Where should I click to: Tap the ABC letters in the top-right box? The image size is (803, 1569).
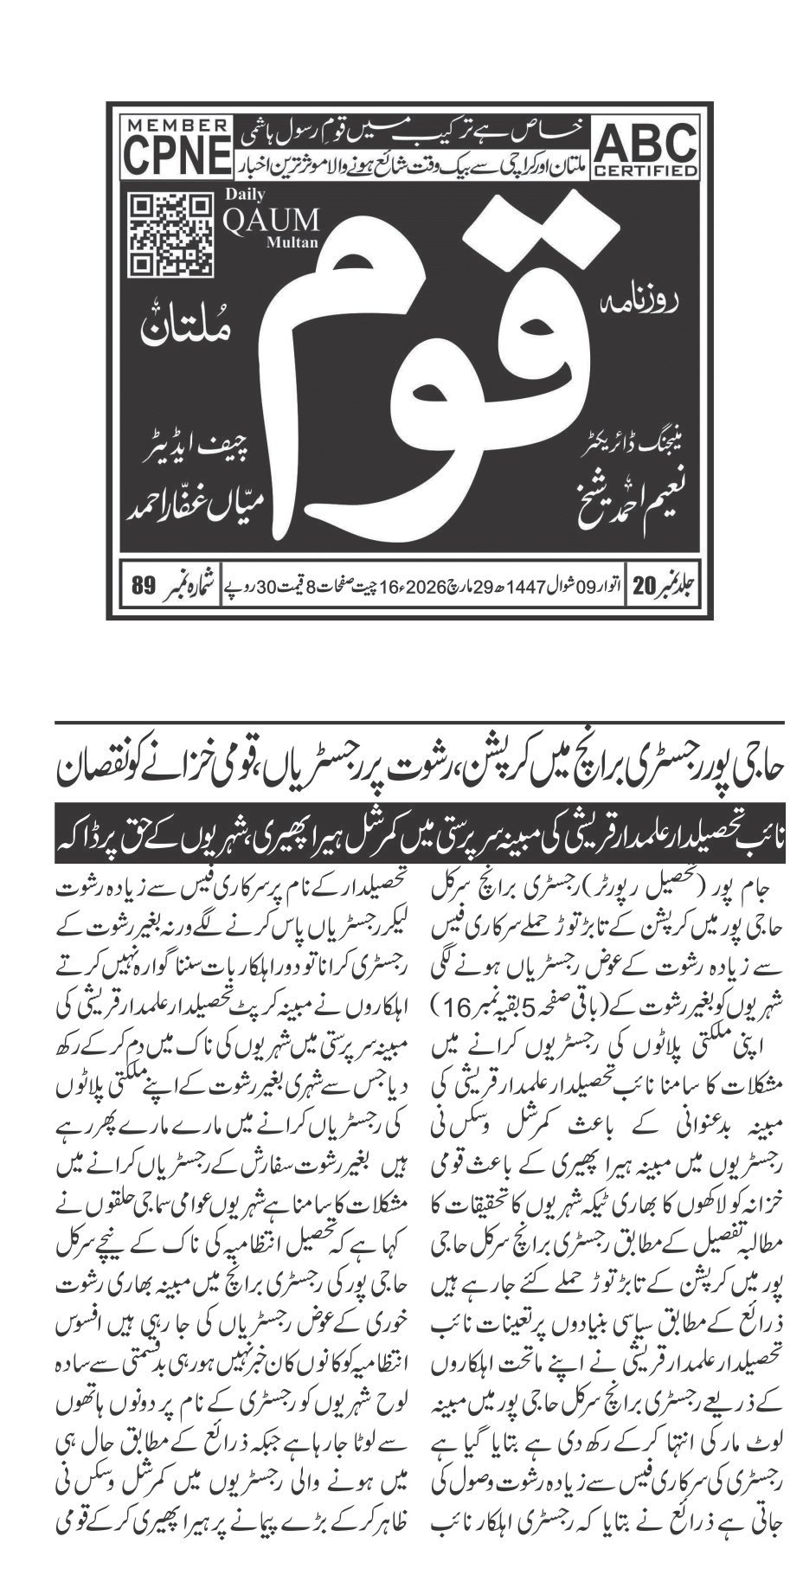tap(645, 141)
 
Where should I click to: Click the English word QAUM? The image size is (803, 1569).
tap(270, 220)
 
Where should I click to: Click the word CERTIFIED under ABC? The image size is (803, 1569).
tap(645, 170)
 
